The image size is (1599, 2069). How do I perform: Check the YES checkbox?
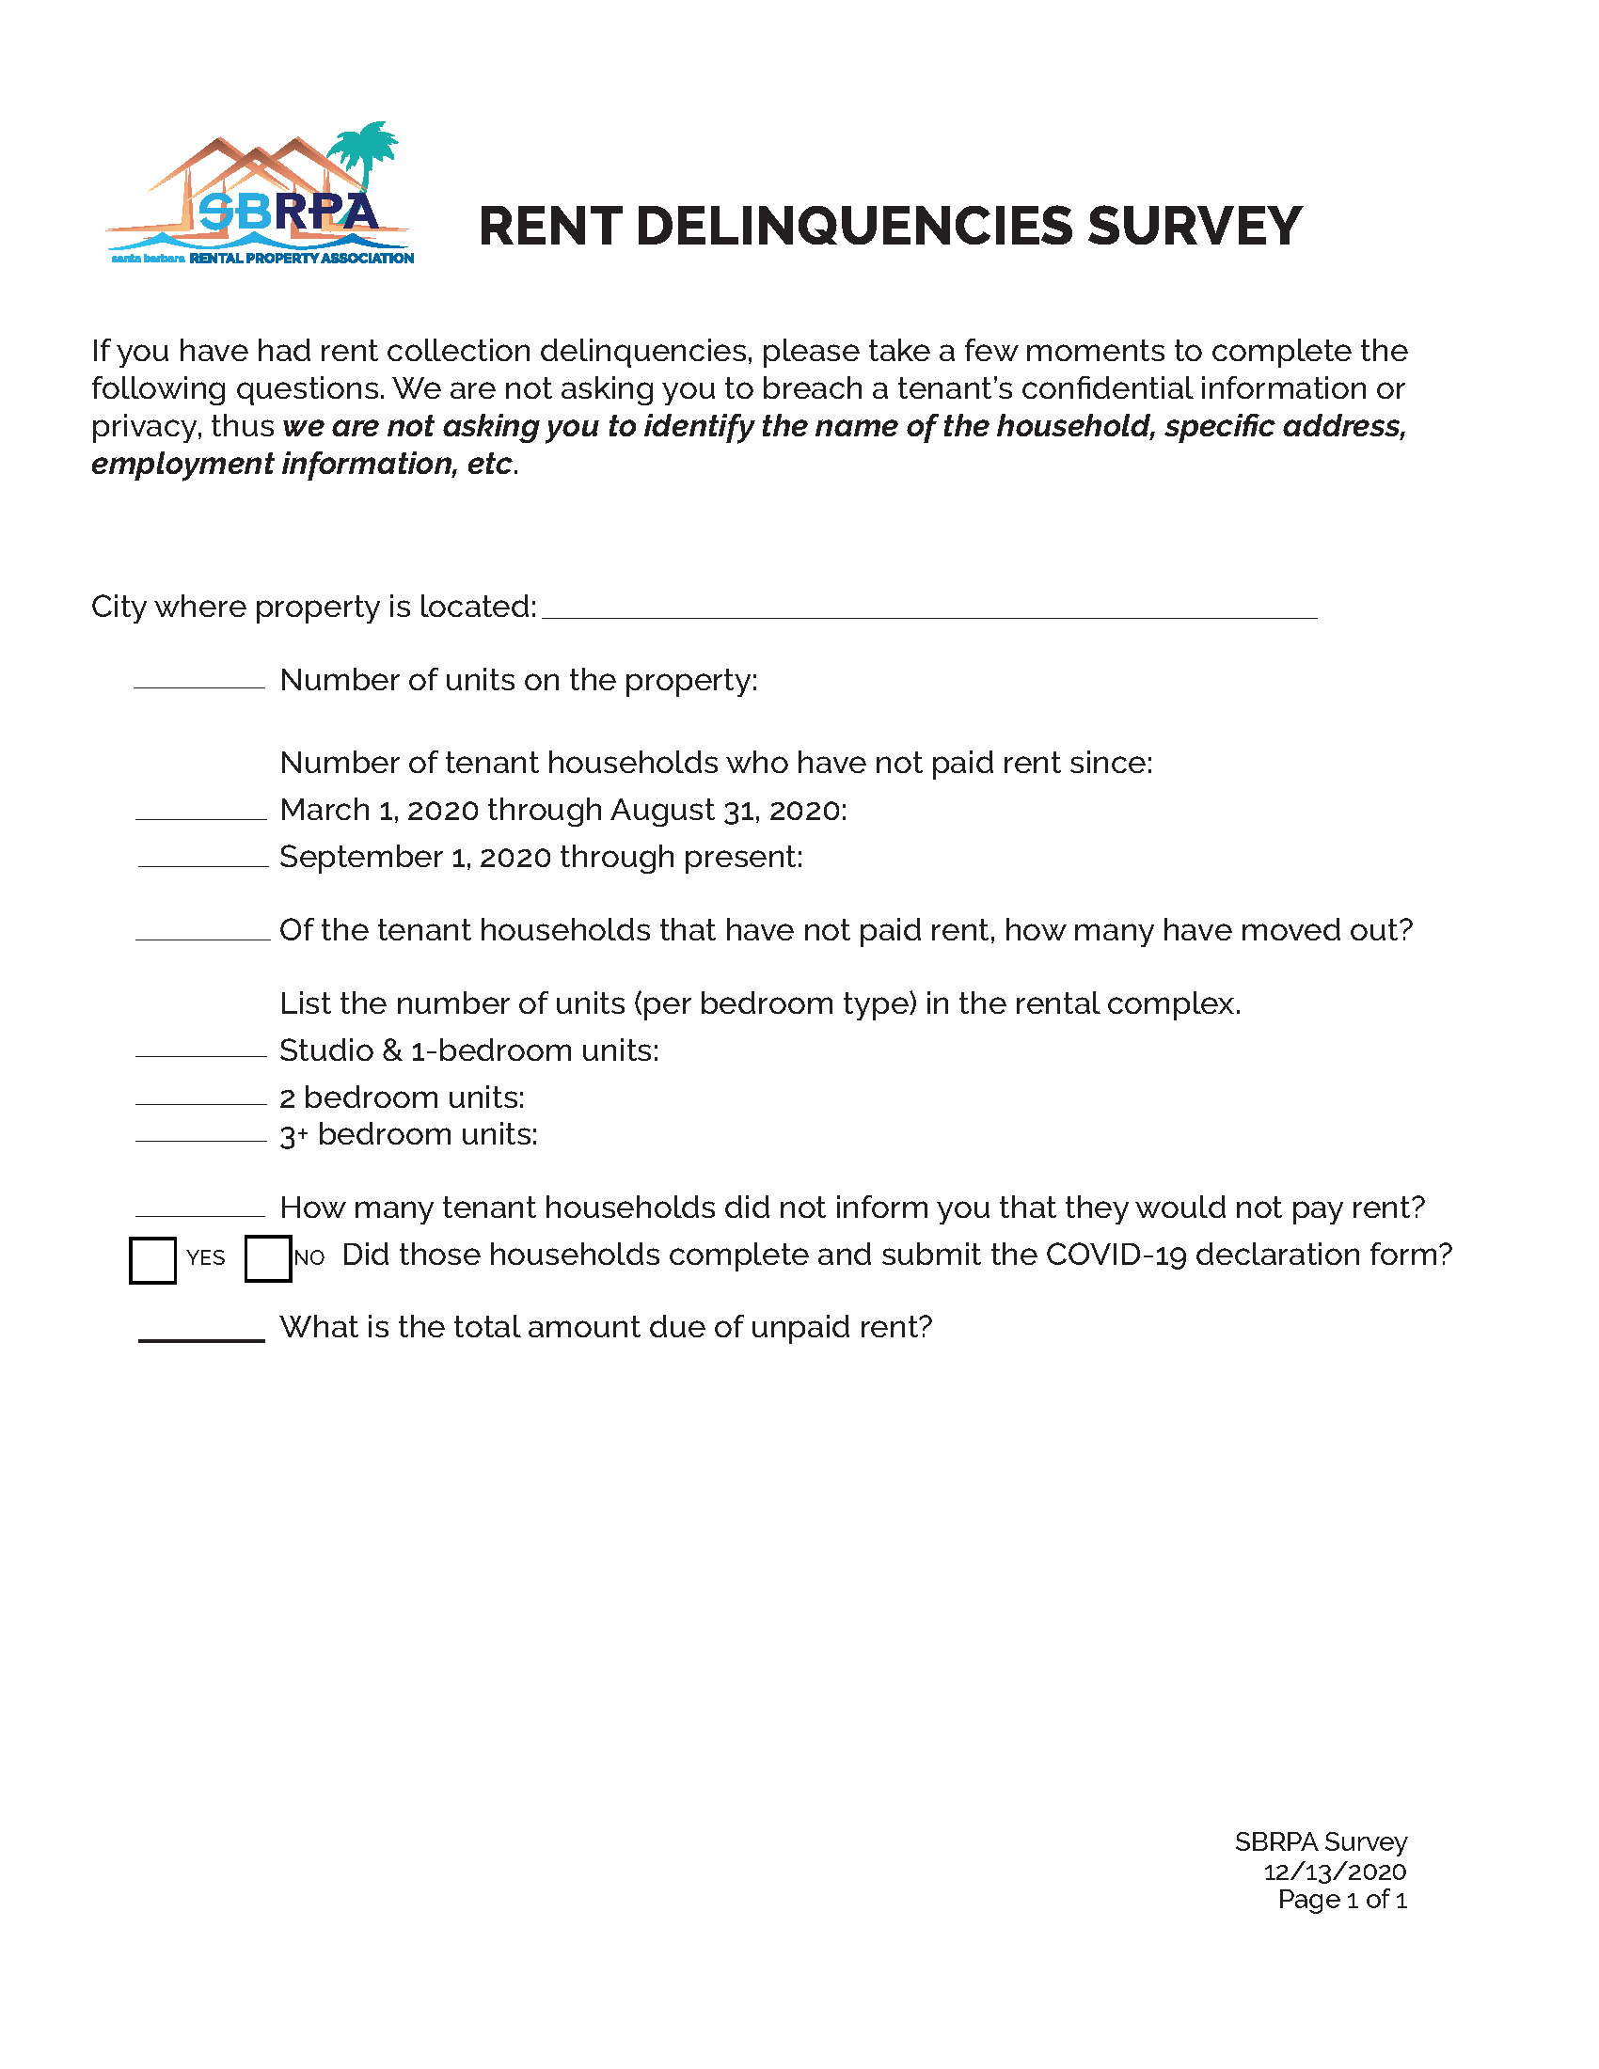(152, 1260)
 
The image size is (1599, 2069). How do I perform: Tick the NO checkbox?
(268, 1259)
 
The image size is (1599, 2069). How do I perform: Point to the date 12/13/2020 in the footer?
(1334, 1871)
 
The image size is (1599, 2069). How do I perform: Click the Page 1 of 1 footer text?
(1341, 1900)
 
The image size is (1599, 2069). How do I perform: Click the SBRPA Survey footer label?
(1321, 1841)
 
